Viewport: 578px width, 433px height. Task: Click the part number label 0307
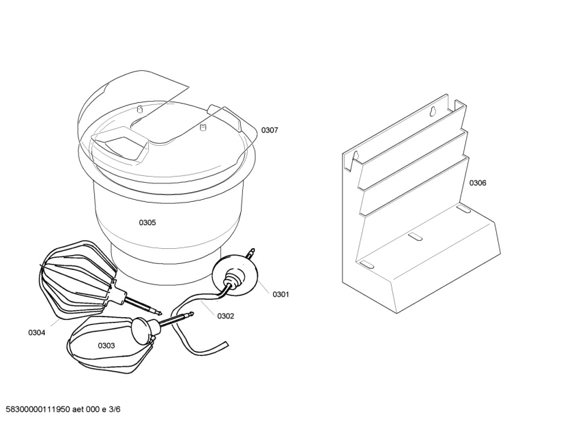270,130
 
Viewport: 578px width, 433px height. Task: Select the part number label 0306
478,183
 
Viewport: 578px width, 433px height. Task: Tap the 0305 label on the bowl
147,222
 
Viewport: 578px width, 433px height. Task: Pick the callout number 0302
225,316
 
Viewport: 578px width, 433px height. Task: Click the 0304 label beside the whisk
36,333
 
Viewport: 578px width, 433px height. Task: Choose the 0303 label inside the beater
106,345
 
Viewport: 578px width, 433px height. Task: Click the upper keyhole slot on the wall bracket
433,111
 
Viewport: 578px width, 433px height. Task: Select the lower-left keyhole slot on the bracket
356,155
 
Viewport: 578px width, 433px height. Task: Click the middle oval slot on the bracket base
415,237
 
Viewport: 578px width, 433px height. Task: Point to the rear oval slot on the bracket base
463,209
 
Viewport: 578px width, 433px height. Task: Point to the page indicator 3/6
115,409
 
